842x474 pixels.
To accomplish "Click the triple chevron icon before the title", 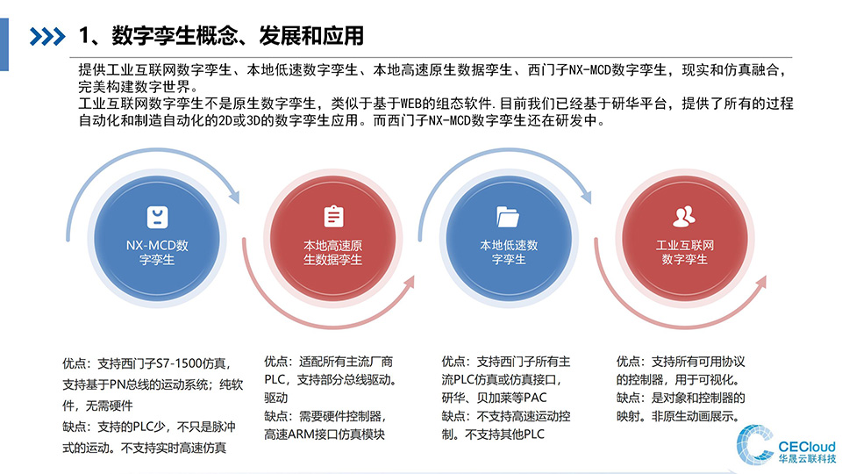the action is click(x=47, y=37).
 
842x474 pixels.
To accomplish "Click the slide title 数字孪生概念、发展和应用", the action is click(x=238, y=36).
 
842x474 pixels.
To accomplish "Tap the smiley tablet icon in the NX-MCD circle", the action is click(x=157, y=217).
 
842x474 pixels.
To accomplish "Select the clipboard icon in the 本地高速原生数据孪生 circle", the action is click(x=333, y=216).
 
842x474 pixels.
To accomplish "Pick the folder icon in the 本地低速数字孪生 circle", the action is click(x=508, y=217).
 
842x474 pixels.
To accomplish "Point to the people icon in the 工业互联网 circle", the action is click(x=684, y=216).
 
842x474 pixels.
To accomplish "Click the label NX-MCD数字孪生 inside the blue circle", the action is click(x=157, y=253).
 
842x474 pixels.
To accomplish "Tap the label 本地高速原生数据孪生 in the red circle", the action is click(x=333, y=253).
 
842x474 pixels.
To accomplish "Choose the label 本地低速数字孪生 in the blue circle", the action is click(x=509, y=252).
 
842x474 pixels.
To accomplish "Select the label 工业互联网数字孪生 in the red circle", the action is click(x=685, y=252).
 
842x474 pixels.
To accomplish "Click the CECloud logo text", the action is click(x=807, y=447).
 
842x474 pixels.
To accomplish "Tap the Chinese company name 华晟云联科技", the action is click(x=807, y=459).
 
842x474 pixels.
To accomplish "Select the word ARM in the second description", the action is click(x=300, y=434).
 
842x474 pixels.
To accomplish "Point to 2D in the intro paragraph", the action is click(x=225, y=120).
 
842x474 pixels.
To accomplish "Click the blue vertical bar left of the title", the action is click(x=4, y=45).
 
